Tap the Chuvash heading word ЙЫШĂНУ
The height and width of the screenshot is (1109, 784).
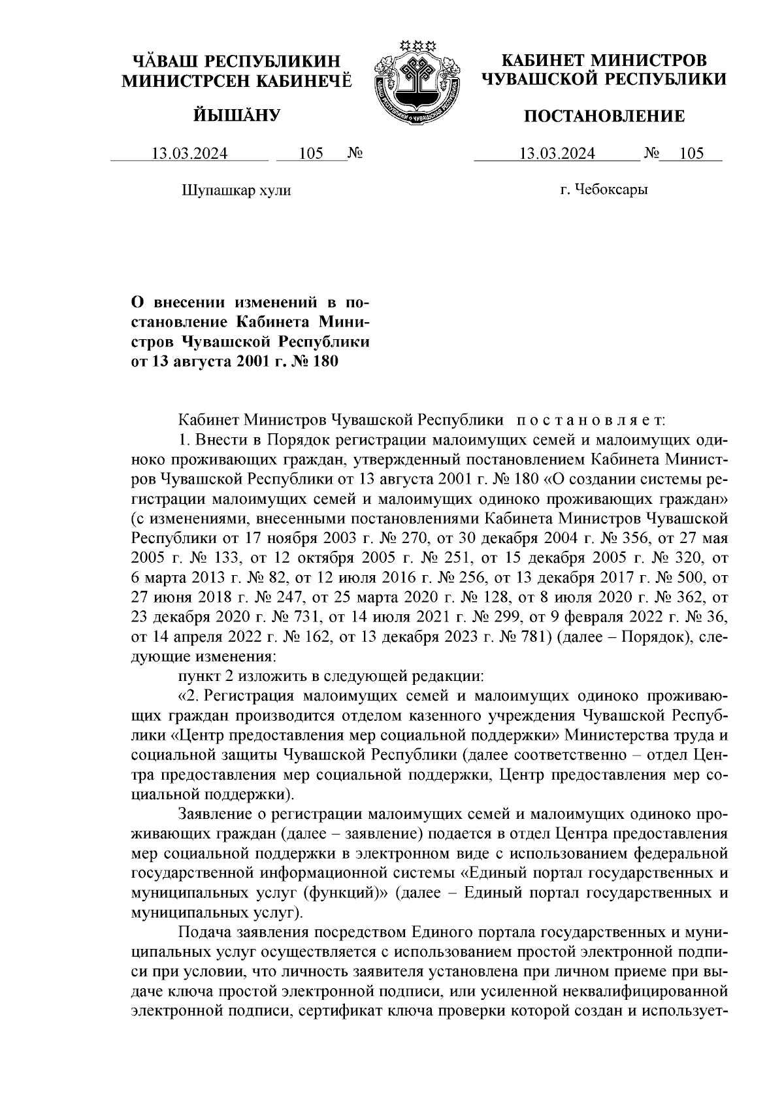tap(237, 116)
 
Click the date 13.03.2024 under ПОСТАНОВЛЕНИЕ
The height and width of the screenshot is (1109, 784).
tap(557, 154)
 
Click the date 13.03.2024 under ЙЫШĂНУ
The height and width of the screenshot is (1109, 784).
tap(190, 154)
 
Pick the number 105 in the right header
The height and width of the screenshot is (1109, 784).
tap(691, 154)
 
